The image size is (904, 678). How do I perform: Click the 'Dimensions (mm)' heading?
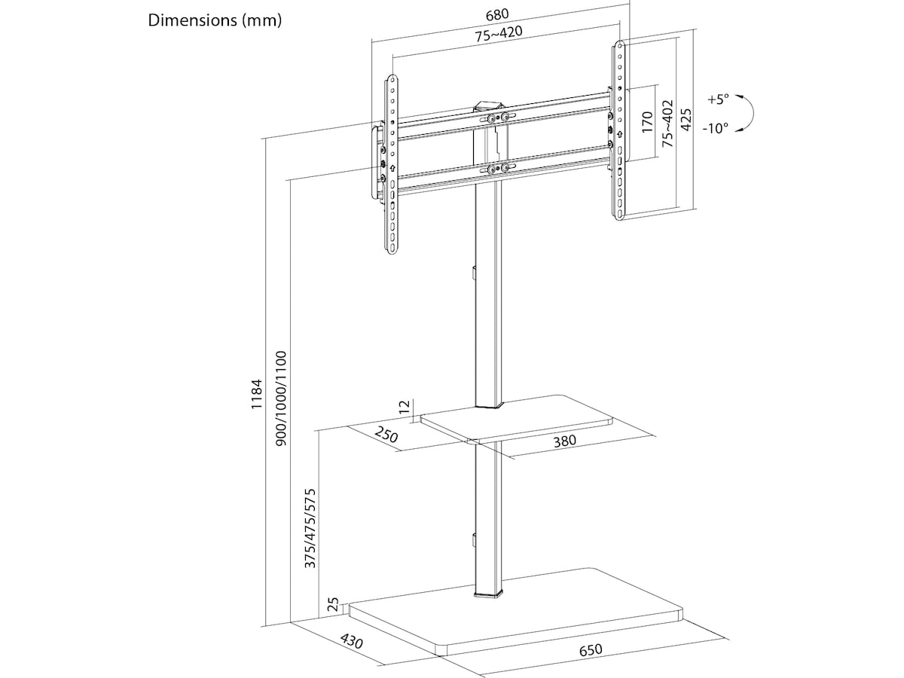(215, 20)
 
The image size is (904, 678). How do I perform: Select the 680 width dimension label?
(498, 14)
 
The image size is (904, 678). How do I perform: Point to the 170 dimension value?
(647, 121)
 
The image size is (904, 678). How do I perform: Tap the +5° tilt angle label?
(719, 99)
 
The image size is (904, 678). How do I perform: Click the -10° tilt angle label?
(716, 128)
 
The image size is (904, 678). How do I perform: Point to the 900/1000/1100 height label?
(281, 399)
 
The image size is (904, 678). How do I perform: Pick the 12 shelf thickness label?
(405, 408)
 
